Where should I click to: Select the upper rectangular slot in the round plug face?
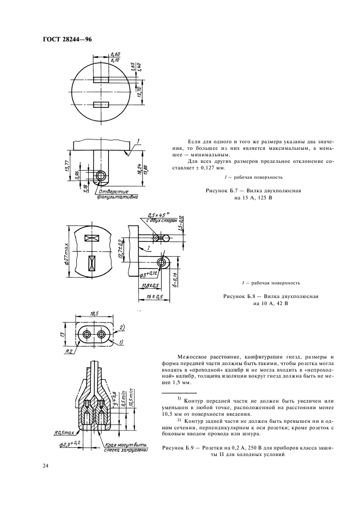[x=102, y=79]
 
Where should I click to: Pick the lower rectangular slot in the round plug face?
[x=102, y=104]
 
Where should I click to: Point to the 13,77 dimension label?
[x=68, y=167]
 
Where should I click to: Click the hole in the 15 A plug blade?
[x=101, y=175]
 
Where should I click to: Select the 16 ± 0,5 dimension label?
[x=154, y=296]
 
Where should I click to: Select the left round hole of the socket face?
[x=85, y=332]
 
